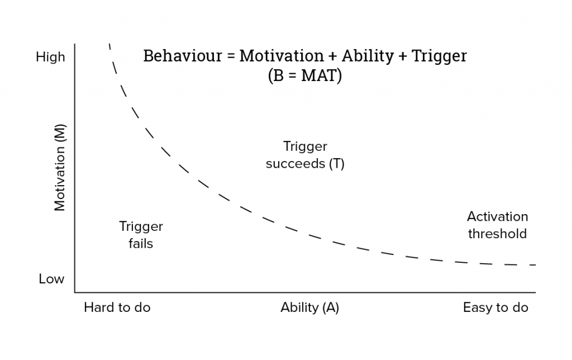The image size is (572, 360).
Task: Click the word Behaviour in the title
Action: pos(183,56)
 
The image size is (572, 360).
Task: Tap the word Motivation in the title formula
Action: pos(282,56)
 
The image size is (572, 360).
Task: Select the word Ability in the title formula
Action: pos(368,56)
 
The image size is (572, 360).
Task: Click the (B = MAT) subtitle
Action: pos(305,75)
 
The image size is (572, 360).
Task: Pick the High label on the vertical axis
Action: pos(50,57)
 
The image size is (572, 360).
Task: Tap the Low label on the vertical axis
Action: pos(51,279)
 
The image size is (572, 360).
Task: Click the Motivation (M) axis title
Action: pos(59,168)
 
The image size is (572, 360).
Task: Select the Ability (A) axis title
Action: pos(309,307)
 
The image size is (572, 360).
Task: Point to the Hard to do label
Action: pos(117,307)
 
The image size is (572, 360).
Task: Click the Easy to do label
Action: pos(495,308)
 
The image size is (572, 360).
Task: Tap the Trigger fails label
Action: pos(141,235)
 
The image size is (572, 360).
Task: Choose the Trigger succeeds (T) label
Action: pos(305,155)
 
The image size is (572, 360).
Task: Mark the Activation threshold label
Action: pos(498,225)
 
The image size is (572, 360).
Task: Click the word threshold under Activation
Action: pos(498,234)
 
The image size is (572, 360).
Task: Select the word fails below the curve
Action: pos(141,244)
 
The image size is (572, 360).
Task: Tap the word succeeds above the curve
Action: pos(295,164)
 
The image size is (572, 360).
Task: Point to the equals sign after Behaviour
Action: pos(231,56)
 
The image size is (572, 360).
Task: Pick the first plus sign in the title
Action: pos(332,56)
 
